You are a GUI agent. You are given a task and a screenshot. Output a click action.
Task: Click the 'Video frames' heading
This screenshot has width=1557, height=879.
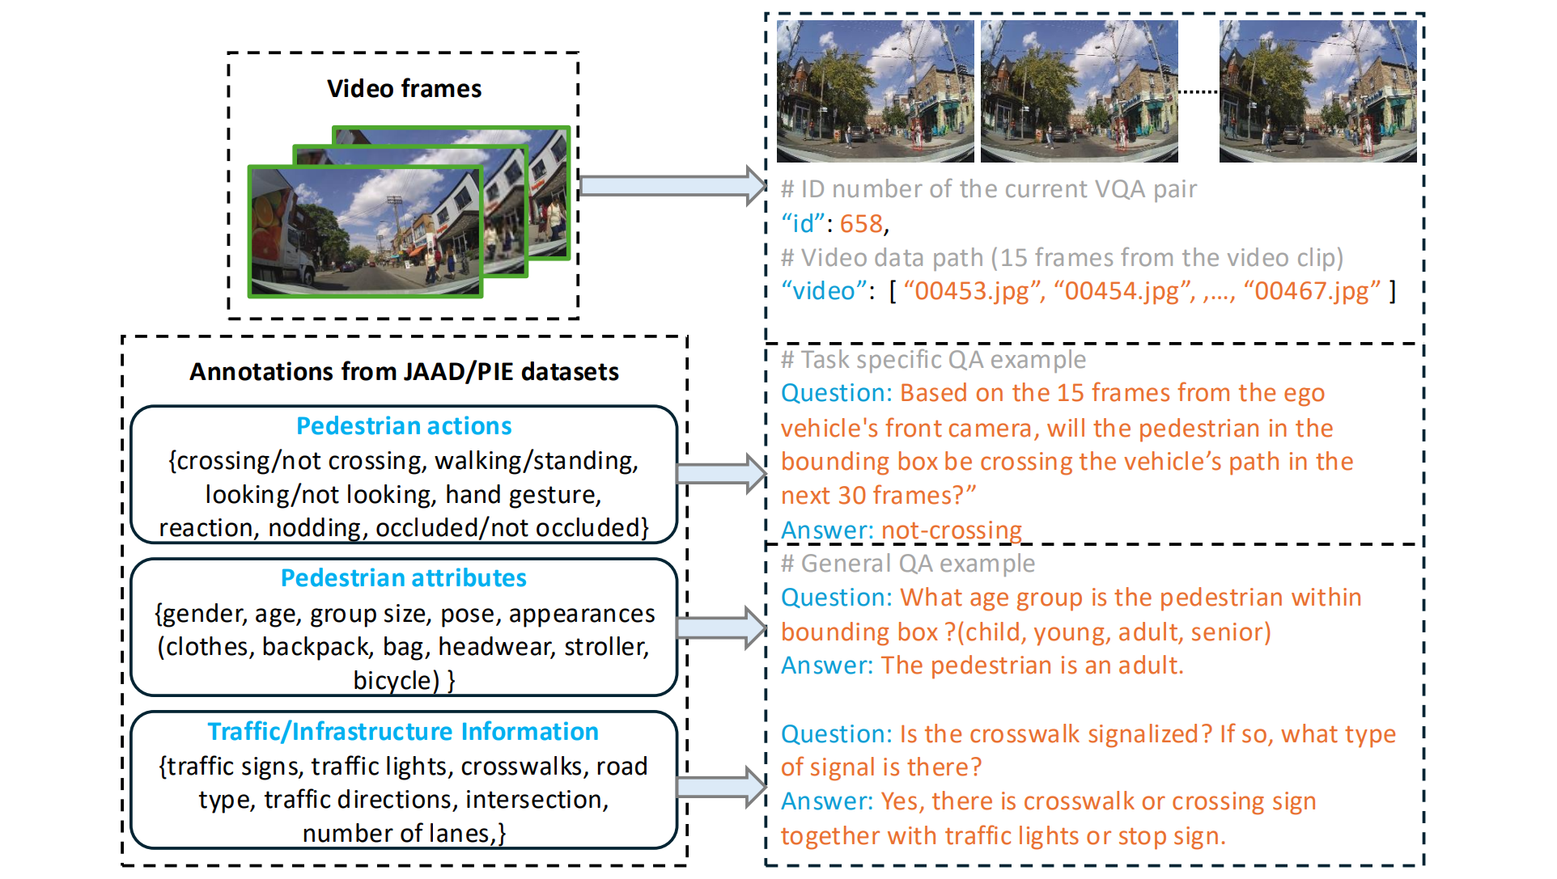coord(404,88)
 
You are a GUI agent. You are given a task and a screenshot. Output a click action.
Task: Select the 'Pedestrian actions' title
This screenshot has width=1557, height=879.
coord(404,425)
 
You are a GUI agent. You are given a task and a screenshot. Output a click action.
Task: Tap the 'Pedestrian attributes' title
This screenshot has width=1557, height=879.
coord(403,577)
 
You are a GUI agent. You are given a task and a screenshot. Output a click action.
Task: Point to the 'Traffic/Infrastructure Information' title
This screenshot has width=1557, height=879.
coord(403,731)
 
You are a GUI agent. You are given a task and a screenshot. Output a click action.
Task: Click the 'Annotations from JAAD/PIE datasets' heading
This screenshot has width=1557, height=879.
coord(404,371)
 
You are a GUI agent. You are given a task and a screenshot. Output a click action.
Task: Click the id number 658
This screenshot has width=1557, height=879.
coord(861,223)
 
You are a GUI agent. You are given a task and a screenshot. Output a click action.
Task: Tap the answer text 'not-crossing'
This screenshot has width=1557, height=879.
coord(952,530)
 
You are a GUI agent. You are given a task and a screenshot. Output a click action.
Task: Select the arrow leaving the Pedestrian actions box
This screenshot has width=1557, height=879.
coord(721,473)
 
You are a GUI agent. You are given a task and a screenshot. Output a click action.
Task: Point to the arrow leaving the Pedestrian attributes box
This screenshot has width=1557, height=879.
coord(721,628)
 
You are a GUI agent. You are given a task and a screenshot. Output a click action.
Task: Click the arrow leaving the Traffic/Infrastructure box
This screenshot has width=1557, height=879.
coord(721,787)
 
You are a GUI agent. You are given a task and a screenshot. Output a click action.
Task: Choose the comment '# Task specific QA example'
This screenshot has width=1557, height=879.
coord(933,359)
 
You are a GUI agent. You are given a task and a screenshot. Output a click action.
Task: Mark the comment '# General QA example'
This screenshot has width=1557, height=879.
coord(907,563)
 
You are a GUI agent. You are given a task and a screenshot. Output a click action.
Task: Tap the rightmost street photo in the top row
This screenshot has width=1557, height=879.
coord(1317,91)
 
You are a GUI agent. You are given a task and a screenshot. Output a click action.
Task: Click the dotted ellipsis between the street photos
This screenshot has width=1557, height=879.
coord(1199,92)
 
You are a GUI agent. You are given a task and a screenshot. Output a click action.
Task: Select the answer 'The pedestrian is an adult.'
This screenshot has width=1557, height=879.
coord(1032,666)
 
